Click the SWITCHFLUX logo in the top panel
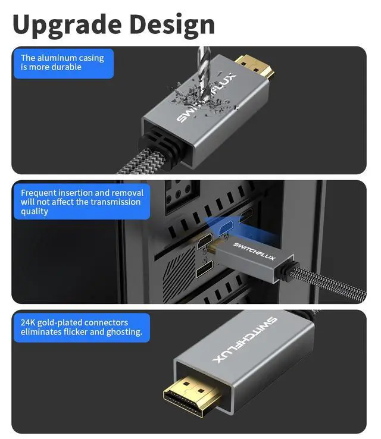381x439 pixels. [x=205, y=98]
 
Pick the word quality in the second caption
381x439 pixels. [x=35, y=211]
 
